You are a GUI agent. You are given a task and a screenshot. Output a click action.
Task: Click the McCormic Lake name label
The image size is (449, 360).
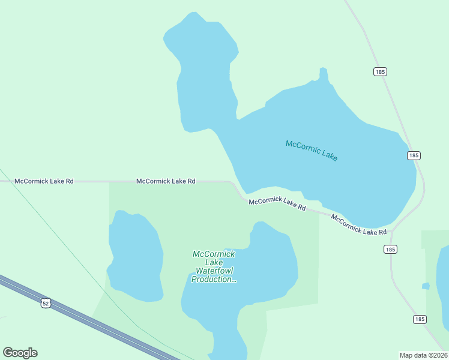[312, 151]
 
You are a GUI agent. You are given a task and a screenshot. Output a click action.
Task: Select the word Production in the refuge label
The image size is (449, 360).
[213, 279]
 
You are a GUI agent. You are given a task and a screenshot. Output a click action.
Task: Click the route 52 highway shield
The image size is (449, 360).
[46, 303]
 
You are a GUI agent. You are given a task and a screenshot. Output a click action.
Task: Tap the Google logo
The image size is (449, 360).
[20, 353]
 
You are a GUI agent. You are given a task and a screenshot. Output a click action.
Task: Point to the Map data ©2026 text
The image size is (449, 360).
[423, 355]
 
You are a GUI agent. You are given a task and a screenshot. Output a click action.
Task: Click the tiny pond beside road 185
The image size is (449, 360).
[426, 286]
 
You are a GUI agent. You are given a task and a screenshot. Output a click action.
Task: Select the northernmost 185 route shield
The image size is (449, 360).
[379, 71]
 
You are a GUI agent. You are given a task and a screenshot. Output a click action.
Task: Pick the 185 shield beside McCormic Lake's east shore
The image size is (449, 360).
[413, 155]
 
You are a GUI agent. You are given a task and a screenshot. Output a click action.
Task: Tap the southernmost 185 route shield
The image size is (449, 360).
[420, 319]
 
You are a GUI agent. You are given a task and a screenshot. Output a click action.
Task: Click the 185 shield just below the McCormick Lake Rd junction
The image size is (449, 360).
[391, 249]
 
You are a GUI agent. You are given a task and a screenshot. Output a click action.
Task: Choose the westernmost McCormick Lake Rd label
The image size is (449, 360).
[44, 181]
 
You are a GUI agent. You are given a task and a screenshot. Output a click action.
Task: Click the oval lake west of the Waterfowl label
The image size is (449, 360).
[135, 255]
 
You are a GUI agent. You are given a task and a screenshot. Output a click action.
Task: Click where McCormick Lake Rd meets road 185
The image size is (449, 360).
[393, 230]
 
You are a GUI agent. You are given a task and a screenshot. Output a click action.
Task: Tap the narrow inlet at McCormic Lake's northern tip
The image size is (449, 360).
[324, 75]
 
